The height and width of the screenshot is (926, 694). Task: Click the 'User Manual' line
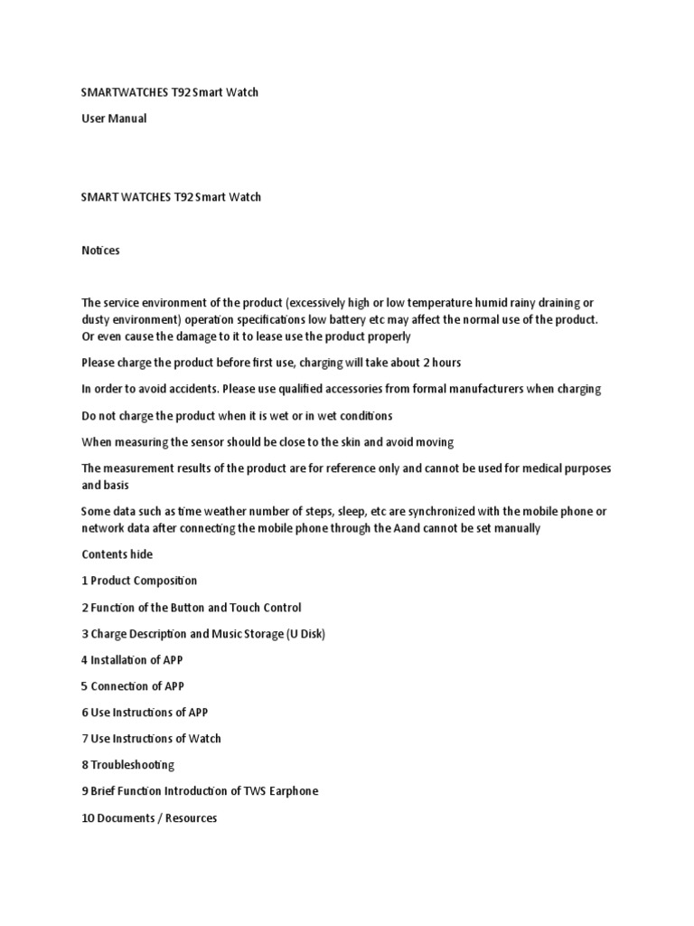click(114, 118)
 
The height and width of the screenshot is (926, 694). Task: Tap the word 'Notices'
click(100, 250)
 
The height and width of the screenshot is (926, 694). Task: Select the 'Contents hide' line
click(117, 554)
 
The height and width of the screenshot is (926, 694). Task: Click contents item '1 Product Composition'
click(139, 581)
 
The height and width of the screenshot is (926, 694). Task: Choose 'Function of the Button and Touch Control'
click(196, 608)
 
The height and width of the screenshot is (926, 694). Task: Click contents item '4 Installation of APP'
click(132, 660)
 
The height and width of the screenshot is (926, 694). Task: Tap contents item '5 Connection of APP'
click(133, 686)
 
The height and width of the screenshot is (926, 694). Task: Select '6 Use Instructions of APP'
click(145, 713)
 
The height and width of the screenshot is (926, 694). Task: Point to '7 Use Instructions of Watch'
click(151, 739)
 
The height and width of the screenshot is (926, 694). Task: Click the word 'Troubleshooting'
click(133, 765)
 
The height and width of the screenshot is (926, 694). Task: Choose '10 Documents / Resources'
click(149, 818)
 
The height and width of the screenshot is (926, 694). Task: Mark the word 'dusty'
click(97, 319)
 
